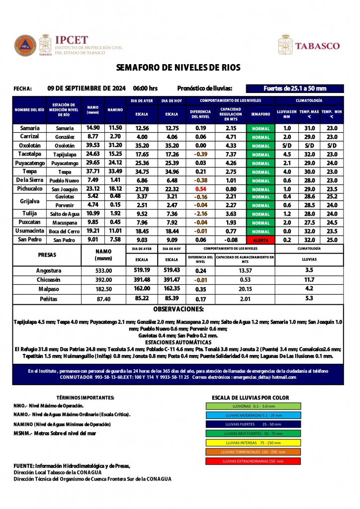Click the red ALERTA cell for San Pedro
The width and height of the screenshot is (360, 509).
[x=261, y=240]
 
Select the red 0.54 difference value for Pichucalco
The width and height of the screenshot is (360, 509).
[x=201, y=189]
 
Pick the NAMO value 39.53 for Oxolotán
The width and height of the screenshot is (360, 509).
[x=93, y=145]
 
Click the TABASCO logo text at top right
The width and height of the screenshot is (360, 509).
[x=317, y=46]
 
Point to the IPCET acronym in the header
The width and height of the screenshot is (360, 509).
[x=72, y=40]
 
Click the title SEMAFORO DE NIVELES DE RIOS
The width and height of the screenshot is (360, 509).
[x=178, y=67]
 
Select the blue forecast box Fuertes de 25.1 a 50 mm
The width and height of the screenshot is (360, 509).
[x=295, y=88]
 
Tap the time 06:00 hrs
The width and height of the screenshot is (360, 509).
[x=145, y=88]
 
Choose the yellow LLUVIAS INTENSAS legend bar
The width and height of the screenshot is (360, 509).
[x=253, y=442]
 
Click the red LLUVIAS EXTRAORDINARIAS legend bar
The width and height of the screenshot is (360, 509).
[x=253, y=461]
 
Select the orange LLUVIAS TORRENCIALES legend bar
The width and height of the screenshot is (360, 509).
[x=253, y=452]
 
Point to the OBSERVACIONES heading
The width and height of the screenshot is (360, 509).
[x=178, y=309]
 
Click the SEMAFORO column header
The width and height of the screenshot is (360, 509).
[x=261, y=114]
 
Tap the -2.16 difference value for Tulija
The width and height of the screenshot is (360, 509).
[x=201, y=214]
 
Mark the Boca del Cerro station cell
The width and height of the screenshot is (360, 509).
[x=65, y=232]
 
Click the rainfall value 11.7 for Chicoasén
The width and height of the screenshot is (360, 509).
[x=309, y=280]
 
